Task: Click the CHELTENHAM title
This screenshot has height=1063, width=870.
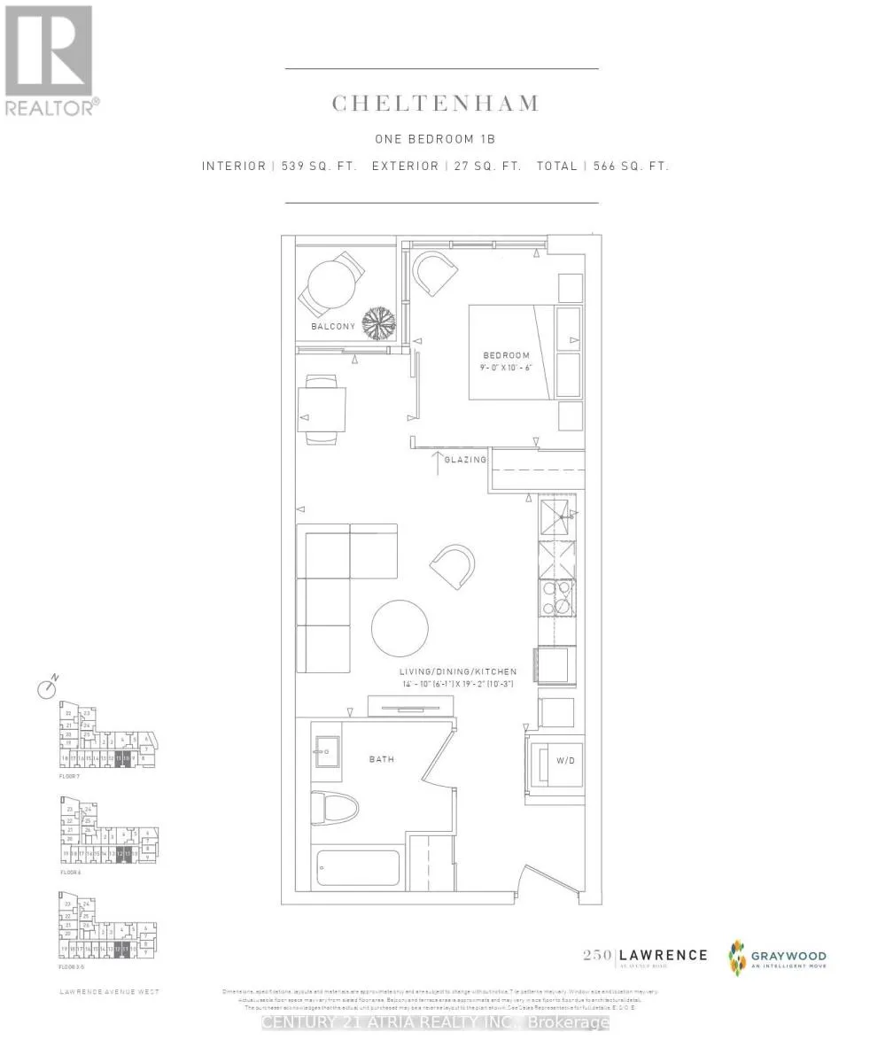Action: [x=435, y=104]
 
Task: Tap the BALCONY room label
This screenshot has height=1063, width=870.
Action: [x=332, y=327]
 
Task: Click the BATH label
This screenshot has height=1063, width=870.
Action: [x=382, y=759]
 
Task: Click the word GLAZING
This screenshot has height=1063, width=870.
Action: [x=465, y=460]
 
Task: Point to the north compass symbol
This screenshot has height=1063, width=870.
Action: [x=47, y=688]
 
